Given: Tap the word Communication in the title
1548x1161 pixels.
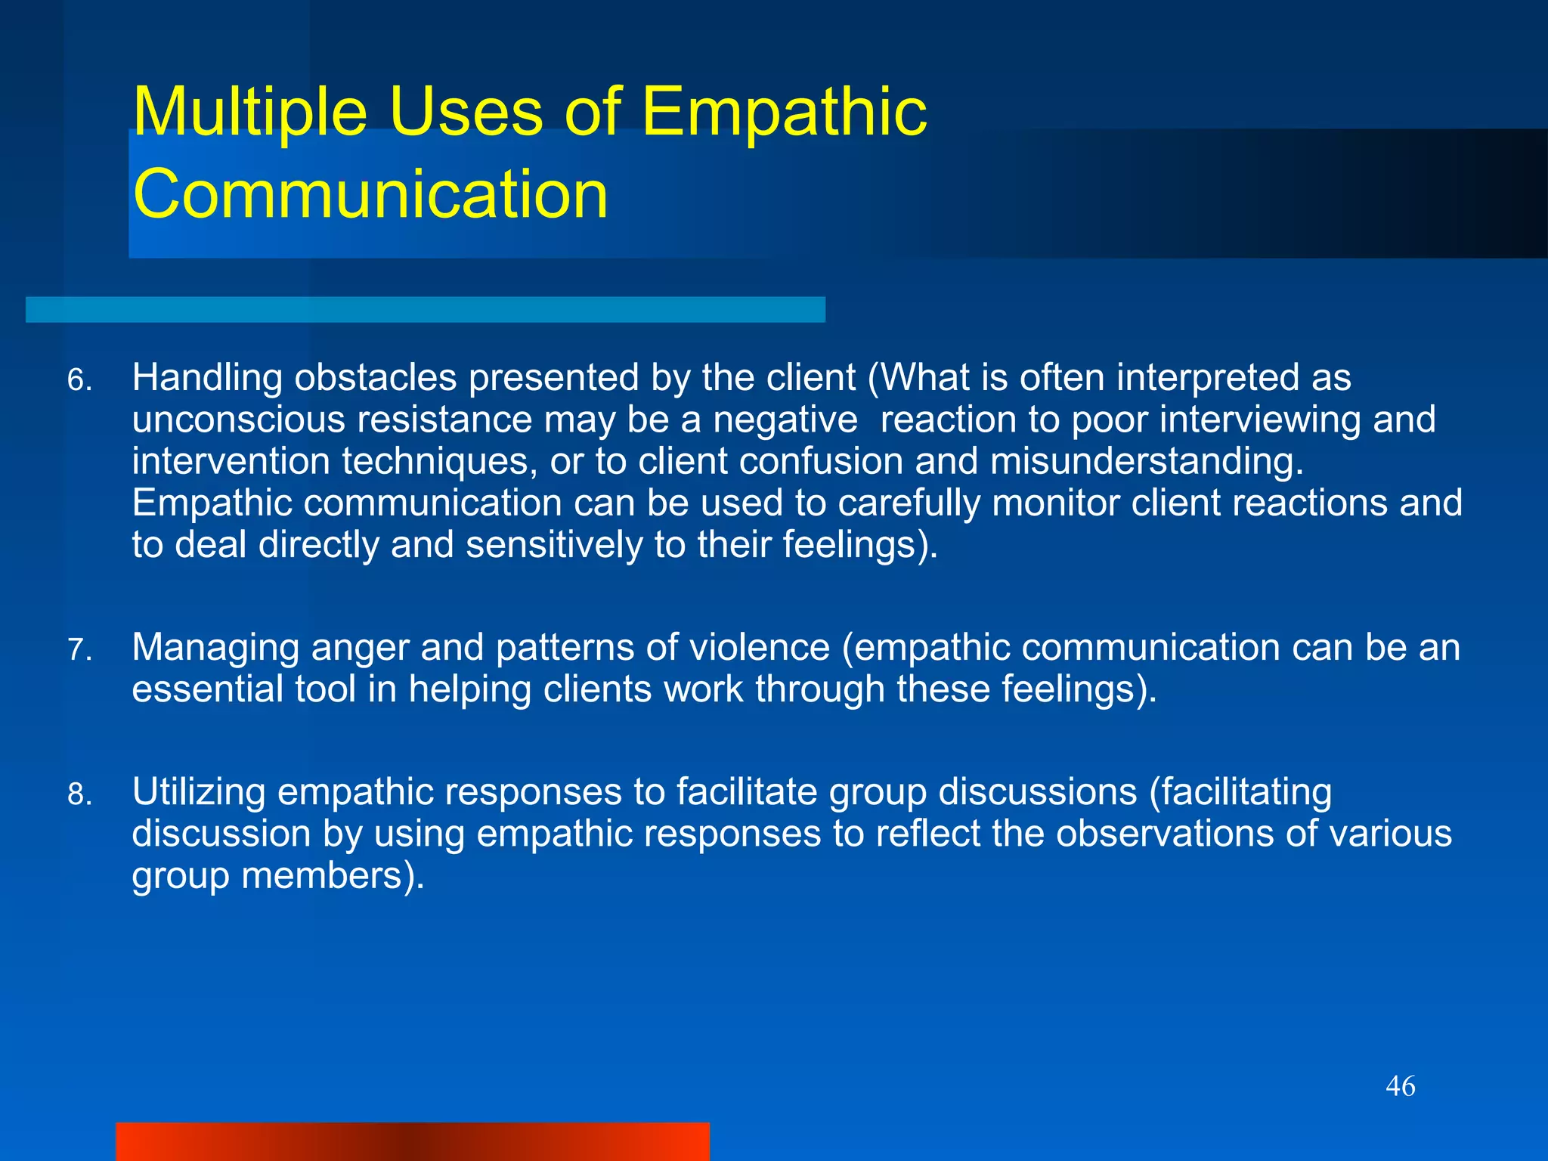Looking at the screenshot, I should pyautogui.click(x=370, y=195).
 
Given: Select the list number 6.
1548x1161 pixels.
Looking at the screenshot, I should pyautogui.click(x=79, y=380).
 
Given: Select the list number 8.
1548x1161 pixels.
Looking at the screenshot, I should pyautogui.click(x=79, y=794).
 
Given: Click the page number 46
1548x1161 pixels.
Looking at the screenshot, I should pyautogui.click(x=1400, y=1087).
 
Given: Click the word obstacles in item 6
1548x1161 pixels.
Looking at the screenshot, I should pyautogui.click(x=375, y=378).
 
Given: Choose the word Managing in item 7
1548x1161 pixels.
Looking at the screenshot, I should pyautogui.click(x=215, y=649).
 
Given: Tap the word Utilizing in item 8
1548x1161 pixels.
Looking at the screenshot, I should pyautogui.click(x=198, y=792).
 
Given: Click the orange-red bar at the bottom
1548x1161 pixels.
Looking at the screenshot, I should pyautogui.click(x=412, y=1141).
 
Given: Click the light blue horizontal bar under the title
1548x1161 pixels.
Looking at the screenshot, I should pyautogui.click(x=425, y=310).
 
